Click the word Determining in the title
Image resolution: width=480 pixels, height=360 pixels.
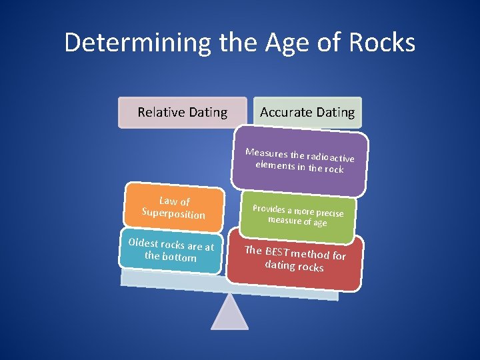pos(137,43)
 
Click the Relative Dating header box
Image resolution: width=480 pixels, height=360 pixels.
pos(182,112)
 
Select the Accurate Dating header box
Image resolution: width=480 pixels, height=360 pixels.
pos(307,112)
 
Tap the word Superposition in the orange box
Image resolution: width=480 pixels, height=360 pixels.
pos(173,213)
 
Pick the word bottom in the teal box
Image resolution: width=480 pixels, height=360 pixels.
pos(179,257)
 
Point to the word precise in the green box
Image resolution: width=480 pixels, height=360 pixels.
pos(327,213)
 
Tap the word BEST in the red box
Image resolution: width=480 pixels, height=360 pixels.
pos(276,252)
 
